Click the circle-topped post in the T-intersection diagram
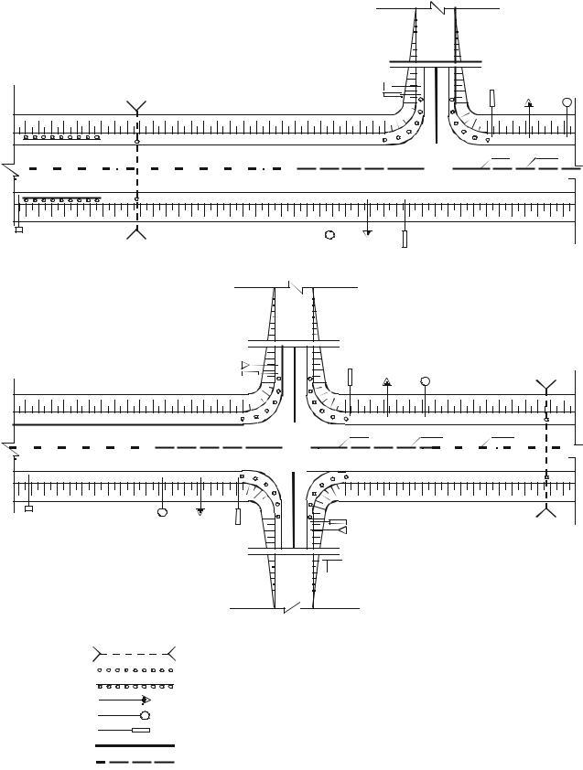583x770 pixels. pyautogui.click(x=567, y=102)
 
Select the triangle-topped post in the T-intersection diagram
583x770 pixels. pyautogui.click(x=528, y=103)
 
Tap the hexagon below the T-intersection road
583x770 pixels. pyautogui.click(x=329, y=234)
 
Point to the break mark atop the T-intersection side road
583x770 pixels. pyautogui.click(x=436, y=7)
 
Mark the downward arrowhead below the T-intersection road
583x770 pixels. pyautogui.click(x=367, y=233)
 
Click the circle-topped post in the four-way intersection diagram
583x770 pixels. pyautogui.click(x=425, y=380)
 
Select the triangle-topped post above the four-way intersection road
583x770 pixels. pyautogui.click(x=387, y=380)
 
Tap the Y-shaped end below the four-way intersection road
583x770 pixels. pyautogui.click(x=546, y=510)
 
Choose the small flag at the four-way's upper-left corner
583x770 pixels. pyautogui.click(x=244, y=368)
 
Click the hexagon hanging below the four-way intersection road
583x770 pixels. pyautogui.click(x=162, y=512)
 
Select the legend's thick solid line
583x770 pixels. pyautogui.click(x=135, y=745)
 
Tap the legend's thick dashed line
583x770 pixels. pyautogui.click(x=135, y=760)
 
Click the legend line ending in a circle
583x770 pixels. pyautogui.click(x=144, y=714)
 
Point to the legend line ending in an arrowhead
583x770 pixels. pyautogui.click(x=146, y=699)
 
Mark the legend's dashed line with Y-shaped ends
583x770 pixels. pyautogui.click(x=135, y=653)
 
